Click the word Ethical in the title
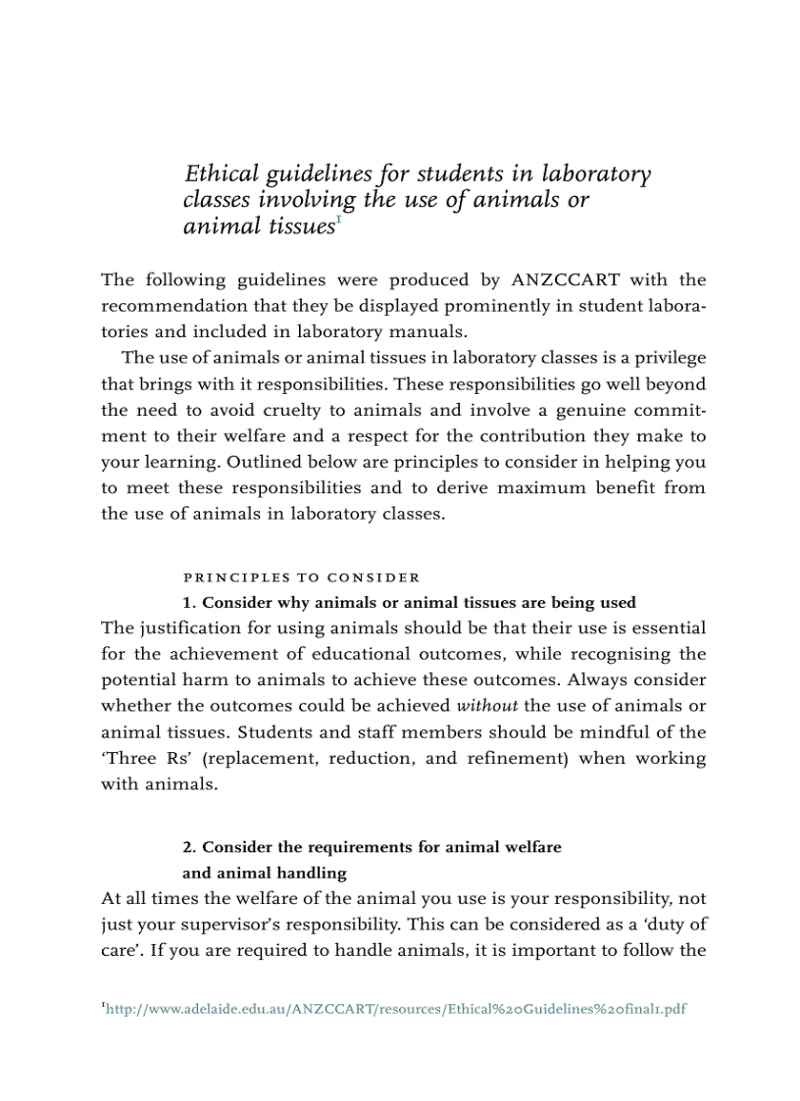coord(220,175)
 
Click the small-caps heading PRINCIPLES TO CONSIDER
coord(302,577)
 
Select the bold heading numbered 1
coord(409,603)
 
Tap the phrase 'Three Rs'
coord(137,758)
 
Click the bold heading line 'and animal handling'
coord(265,873)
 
